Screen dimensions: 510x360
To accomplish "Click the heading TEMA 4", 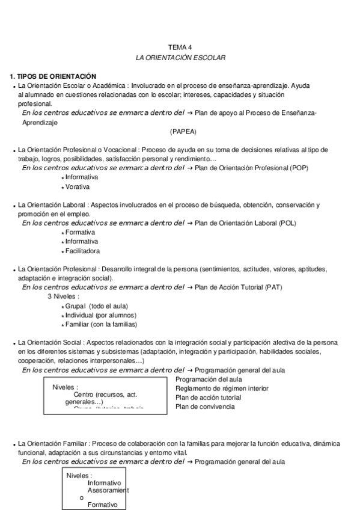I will pyautogui.click(x=180, y=46).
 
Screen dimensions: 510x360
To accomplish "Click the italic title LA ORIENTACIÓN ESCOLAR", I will pyautogui.click(x=180, y=57).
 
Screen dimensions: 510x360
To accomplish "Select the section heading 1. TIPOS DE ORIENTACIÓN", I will pyautogui.click(x=53, y=76).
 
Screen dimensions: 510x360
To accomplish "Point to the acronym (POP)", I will pyautogui.click(x=297, y=168).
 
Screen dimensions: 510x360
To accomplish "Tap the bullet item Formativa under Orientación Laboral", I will pyautogui.click(x=81, y=232).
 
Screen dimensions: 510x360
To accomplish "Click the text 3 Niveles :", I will pyautogui.click(x=63, y=296).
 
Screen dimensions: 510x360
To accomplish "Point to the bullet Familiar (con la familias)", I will pyautogui.click(x=100, y=325).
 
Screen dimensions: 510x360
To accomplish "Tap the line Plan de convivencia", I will pyautogui.click(x=205, y=407).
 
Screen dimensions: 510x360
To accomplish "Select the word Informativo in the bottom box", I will pyautogui.click(x=104, y=483).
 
